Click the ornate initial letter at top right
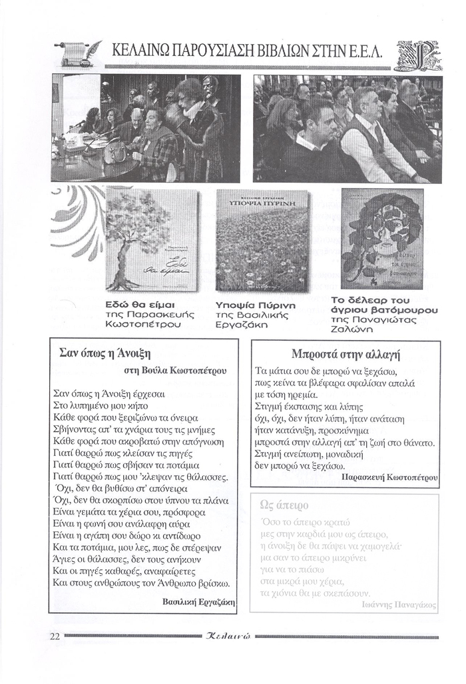[x=413, y=55]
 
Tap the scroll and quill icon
[x=79, y=53]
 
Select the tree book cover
[x=152, y=239]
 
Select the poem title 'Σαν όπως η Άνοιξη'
[x=106, y=353]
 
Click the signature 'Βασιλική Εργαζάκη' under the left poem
[x=199, y=601]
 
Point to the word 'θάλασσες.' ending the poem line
[x=206, y=477]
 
